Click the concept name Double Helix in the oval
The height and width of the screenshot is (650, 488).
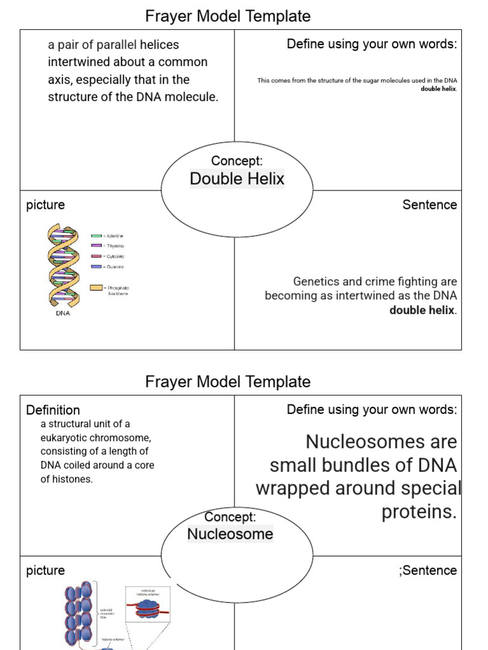click(x=237, y=179)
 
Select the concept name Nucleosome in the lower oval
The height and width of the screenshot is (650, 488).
click(x=230, y=534)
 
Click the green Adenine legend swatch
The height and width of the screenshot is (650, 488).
click(x=97, y=235)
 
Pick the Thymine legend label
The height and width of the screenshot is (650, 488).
click(x=115, y=246)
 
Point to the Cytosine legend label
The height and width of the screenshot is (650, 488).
click(x=115, y=256)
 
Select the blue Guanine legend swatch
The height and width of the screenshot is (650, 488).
click(x=97, y=267)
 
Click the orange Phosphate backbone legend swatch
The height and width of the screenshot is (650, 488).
click(x=97, y=288)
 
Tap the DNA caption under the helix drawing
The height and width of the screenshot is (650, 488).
click(x=63, y=313)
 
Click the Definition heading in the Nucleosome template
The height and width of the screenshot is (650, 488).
click(x=53, y=410)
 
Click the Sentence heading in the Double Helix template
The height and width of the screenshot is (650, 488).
click(x=430, y=204)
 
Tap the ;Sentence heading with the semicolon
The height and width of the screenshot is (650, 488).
click(x=428, y=570)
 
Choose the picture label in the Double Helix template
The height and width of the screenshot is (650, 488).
click(x=45, y=204)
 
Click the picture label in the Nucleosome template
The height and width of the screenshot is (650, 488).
click(x=45, y=570)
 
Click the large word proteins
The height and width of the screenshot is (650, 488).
click(x=419, y=512)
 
